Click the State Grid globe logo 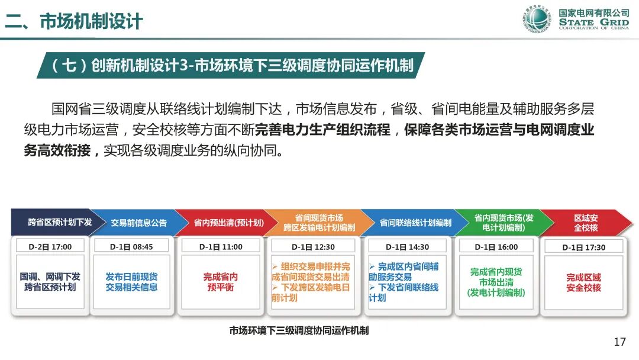point(538,20)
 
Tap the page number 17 point(619,342)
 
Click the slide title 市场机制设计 point(91,22)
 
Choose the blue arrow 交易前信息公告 point(139,223)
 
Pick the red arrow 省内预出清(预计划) point(228,223)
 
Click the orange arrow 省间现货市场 point(319,223)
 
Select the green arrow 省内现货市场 point(504,223)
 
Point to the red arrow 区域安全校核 point(586,223)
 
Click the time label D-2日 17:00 point(50,247)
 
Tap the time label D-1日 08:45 point(131,247)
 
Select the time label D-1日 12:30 point(313,247)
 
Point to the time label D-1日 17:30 point(583,247)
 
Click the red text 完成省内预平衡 point(221,282)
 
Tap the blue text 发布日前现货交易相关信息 point(131,282)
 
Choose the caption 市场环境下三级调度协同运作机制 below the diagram point(299,330)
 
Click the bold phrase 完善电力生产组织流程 point(323,129)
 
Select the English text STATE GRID point(593,22)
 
